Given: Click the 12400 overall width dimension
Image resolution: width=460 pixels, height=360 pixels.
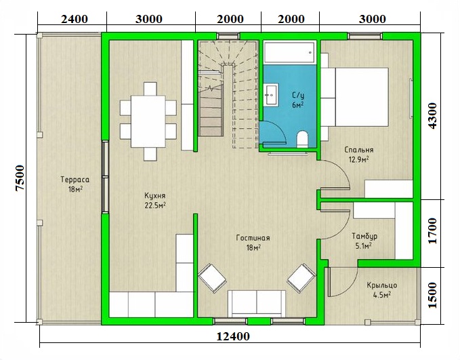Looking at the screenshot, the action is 233,336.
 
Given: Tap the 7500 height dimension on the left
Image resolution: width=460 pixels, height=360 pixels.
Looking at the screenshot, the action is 20,178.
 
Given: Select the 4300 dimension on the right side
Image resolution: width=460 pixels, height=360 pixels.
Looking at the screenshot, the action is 432,116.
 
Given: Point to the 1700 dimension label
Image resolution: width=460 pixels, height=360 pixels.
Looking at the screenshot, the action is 432,231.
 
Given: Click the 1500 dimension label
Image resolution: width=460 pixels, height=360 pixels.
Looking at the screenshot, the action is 432,295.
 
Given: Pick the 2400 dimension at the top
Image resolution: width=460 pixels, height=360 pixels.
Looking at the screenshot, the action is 75,19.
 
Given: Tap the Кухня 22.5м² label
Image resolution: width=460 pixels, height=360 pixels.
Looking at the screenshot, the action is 155,200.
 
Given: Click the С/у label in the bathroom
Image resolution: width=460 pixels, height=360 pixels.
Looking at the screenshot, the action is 298,95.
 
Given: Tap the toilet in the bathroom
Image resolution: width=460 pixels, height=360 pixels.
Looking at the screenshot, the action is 302,139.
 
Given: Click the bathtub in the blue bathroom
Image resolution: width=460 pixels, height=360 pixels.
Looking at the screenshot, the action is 290,52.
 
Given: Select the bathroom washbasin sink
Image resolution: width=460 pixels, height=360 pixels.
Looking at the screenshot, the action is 272,94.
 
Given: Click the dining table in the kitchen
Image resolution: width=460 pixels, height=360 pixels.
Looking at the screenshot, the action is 148,121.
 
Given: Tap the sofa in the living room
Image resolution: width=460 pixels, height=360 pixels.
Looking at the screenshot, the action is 257,304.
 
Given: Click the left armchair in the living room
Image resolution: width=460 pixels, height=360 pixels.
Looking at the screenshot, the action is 212,278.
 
